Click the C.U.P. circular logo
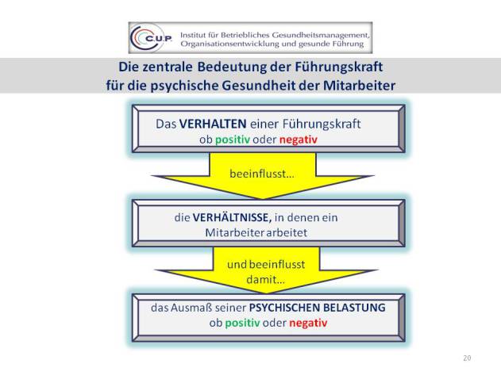[x=151, y=38]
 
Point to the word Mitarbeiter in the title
[x=359, y=86]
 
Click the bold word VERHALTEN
[x=213, y=124]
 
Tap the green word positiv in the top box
[x=233, y=140]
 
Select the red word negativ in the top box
[x=299, y=140]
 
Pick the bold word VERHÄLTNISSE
[x=232, y=218]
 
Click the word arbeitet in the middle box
[x=287, y=232]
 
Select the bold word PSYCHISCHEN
[x=284, y=308]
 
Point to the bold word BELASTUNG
[x=354, y=308]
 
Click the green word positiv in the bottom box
[x=242, y=323]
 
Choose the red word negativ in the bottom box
[x=308, y=323]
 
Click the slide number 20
[x=467, y=358]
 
